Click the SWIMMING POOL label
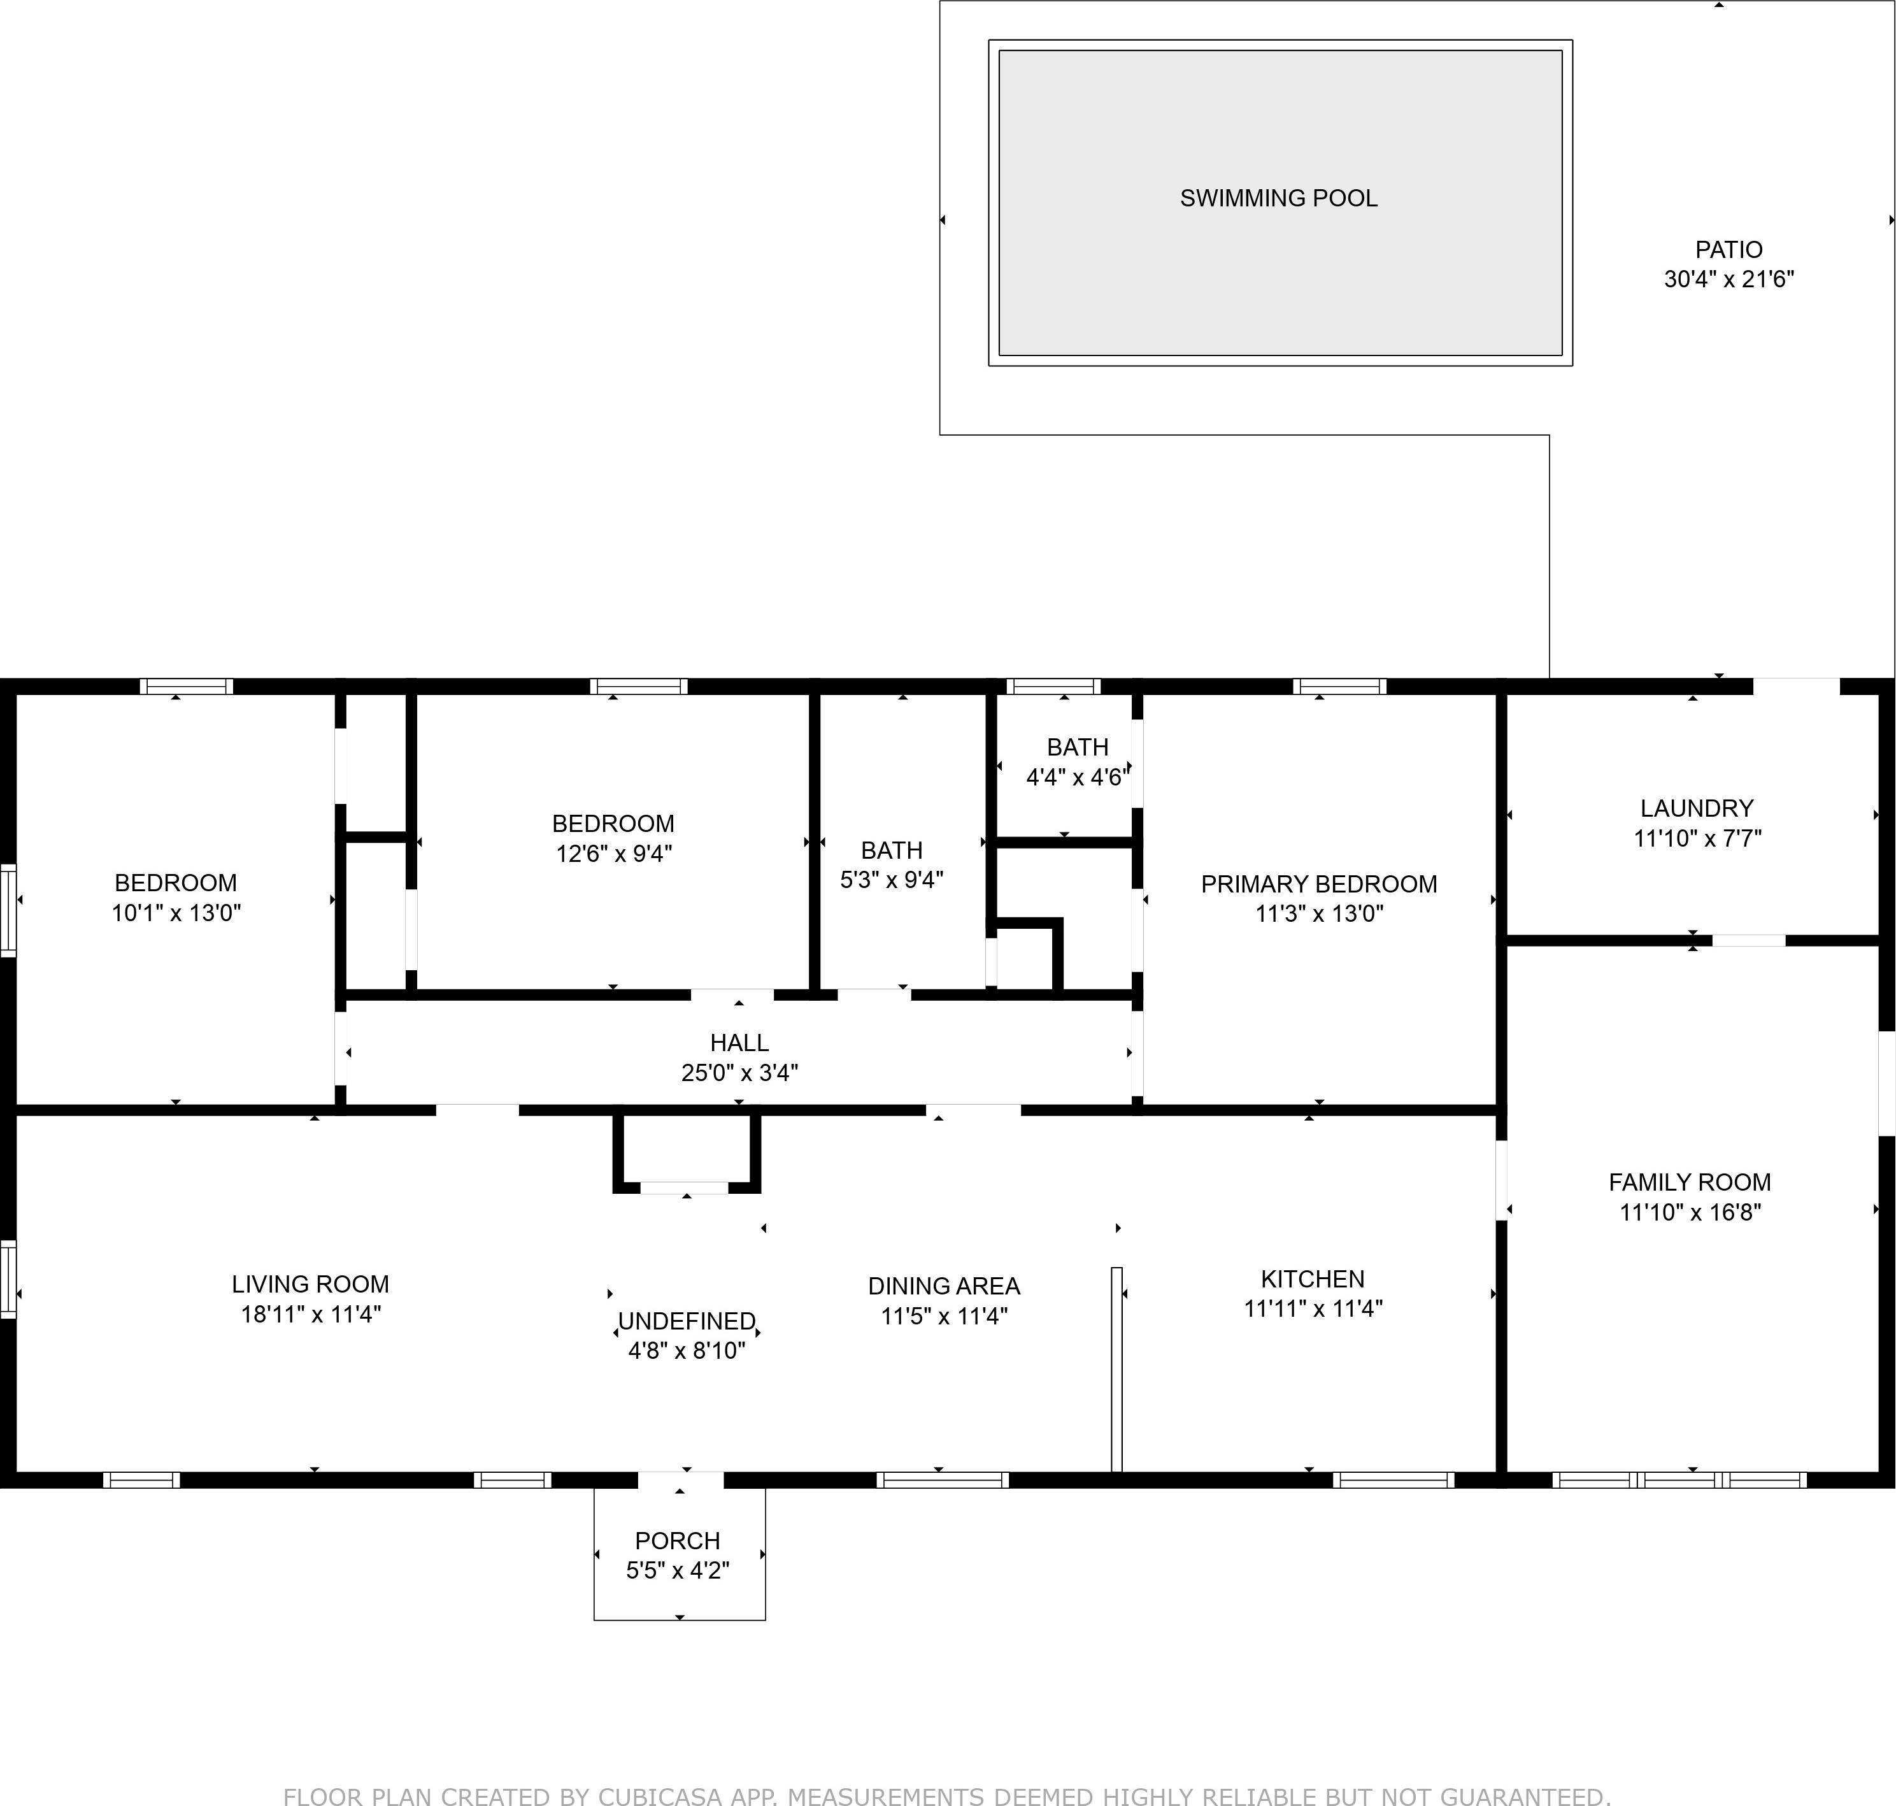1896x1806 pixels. click(1278, 198)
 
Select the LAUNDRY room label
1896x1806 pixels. click(1697, 808)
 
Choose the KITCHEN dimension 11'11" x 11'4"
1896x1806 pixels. click(1313, 1308)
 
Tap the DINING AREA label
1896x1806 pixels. click(943, 1286)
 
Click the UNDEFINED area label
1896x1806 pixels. click(686, 1321)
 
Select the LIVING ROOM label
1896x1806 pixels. click(310, 1284)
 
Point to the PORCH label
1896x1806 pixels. click(678, 1540)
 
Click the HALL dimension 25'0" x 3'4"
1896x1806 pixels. click(739, 1072)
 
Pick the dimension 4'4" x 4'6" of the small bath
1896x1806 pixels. click(1077, 777)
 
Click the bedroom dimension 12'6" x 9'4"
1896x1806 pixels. click(613, 853)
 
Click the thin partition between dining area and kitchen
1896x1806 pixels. click(1116, 1369)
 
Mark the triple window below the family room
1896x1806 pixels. click(1679, 1480)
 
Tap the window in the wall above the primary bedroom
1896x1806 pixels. click(1340, 686)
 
